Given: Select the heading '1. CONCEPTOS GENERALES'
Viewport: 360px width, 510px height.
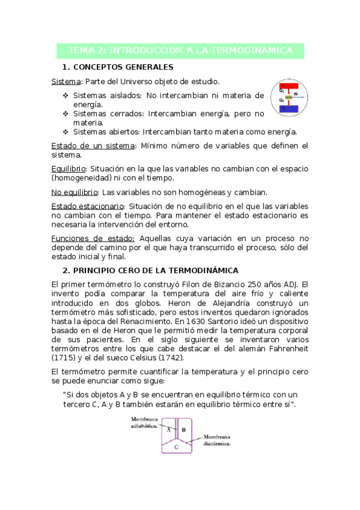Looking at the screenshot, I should tap(118, 67).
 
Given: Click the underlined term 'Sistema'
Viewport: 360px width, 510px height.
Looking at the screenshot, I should tap(65, 81).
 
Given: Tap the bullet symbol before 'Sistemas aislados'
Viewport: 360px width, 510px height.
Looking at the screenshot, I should tap(66, 96).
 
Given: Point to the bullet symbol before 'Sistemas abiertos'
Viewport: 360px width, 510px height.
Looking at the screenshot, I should tap(66, 132).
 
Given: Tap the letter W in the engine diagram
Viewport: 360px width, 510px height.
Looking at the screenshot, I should tap(295, 94).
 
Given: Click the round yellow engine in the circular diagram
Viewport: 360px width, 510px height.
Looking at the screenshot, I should tap(288, 97).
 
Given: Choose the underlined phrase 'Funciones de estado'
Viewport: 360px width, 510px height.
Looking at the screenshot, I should tap(93, 238).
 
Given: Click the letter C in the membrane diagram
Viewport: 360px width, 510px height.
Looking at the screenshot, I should tap(176, 447).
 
